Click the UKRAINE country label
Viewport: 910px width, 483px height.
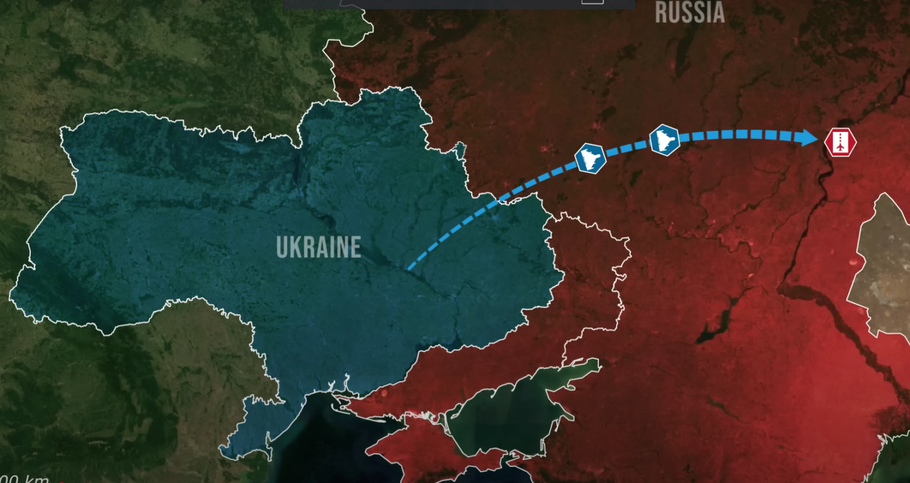click(318, 247)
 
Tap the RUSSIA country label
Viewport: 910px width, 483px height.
click(690, 12)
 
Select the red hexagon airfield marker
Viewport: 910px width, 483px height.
click(840, 142)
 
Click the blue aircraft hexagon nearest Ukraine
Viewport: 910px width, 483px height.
click(590, 158)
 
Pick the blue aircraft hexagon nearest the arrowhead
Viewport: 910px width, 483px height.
click(664, 140)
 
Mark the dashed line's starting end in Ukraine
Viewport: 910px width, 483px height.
click(409, 269)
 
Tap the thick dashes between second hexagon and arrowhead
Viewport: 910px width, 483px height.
click(741, 134)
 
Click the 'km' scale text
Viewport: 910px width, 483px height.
click(36, 478)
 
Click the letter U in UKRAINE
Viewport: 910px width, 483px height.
click(281, 247)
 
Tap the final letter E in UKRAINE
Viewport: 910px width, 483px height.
click(355, 247)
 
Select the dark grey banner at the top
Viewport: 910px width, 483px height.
click(459, 4)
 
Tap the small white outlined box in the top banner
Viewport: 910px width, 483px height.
click(592, 2)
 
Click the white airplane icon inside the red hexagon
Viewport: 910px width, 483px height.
click(840, 142)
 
